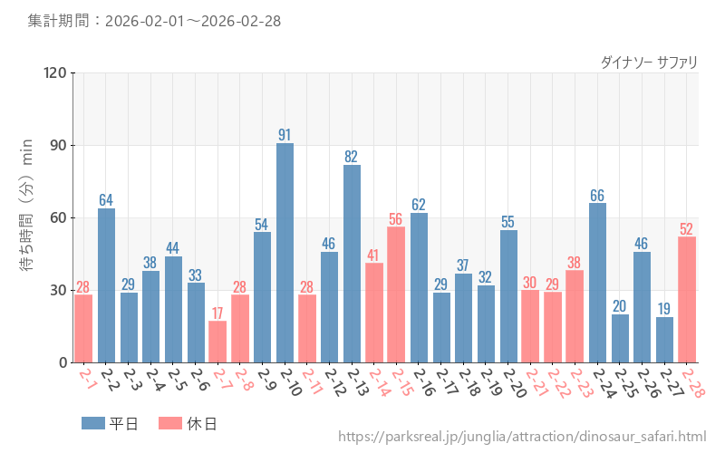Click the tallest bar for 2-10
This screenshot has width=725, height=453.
(x=285, y=253)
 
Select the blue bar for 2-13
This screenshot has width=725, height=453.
(x=352, y=264)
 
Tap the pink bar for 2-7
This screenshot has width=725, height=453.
(x=217, y=342)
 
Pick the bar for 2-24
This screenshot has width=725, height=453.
(x=597, y=283)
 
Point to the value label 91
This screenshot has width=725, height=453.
(x=285, y=135)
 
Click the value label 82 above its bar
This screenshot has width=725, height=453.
(x=352, y=157)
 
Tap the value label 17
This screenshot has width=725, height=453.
(x=217, y=313)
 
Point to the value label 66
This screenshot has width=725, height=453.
(x=597, y=196)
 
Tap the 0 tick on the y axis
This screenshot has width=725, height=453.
(x=63, y=363)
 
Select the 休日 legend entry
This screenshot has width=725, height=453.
(x=187, y=423)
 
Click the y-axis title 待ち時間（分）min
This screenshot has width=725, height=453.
(x=27, y=218)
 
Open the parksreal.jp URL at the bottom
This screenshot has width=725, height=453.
(x=522, y=438)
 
